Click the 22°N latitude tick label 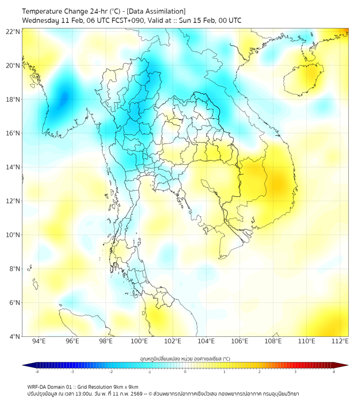point(13,31)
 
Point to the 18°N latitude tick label point(13,99)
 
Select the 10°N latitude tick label point(13,235)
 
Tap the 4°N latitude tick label point(14,336)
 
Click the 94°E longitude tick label point(39,342)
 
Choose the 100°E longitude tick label point(140,342)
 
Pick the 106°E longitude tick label point(240,342)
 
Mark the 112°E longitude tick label point(340,342)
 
